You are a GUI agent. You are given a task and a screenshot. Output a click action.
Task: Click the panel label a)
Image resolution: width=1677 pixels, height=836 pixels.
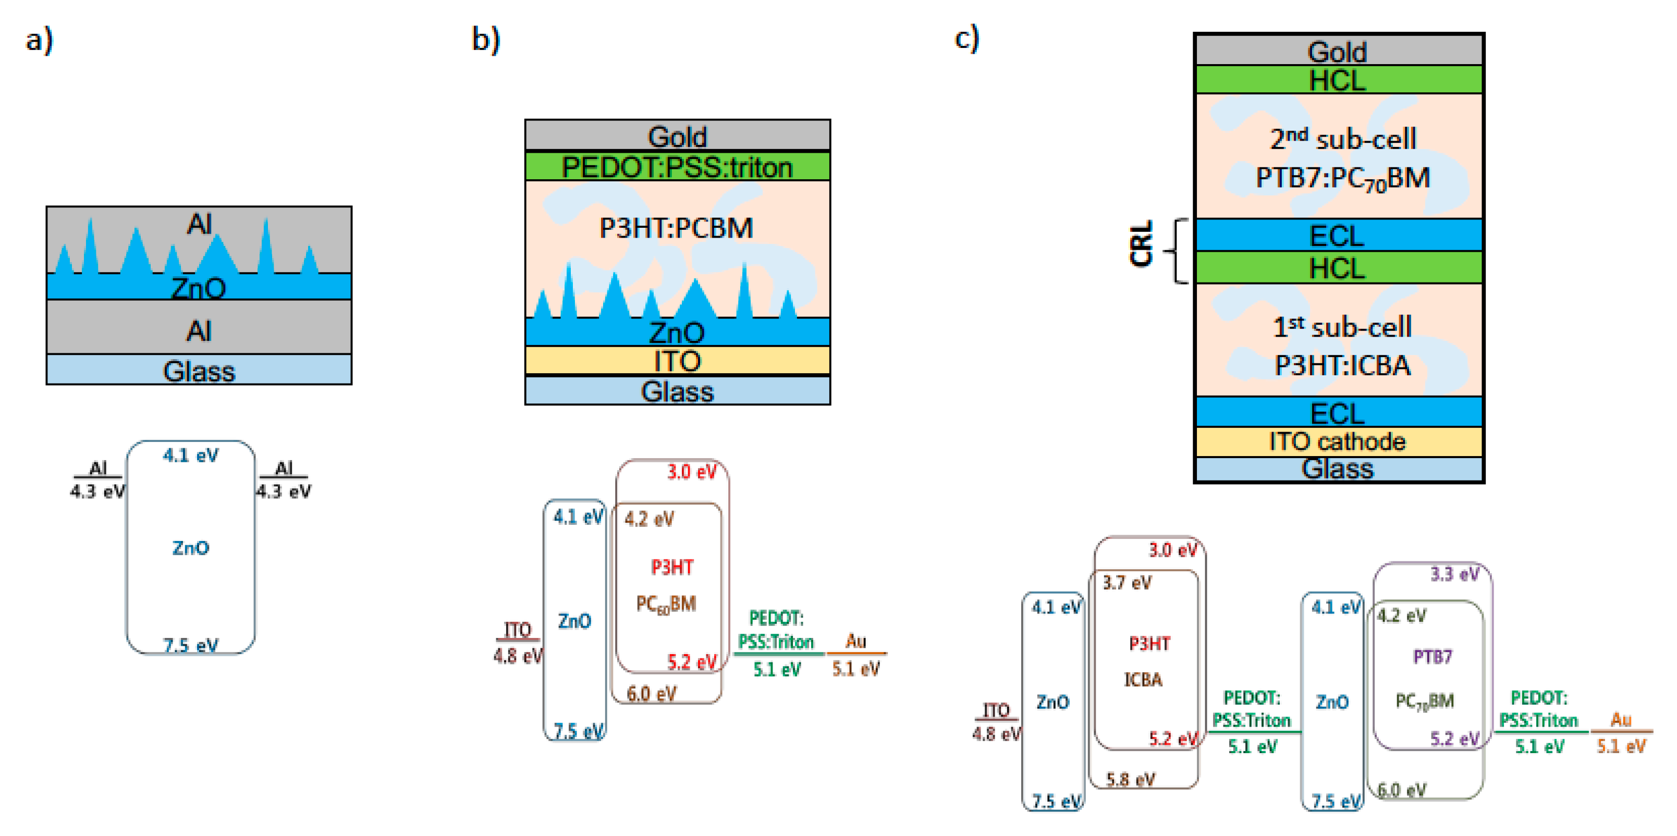(x=39, y=40)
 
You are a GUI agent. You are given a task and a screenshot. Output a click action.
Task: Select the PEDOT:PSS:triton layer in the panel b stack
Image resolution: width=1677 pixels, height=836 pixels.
(x=677, y=167)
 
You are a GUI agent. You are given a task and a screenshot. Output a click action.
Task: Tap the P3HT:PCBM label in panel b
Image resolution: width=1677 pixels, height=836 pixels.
(x=676, y=228)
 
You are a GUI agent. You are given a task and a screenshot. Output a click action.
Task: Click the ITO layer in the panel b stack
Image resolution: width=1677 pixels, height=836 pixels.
(x=677, y=361)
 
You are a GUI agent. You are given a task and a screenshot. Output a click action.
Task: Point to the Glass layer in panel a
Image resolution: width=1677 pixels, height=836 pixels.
(x=199, y=371)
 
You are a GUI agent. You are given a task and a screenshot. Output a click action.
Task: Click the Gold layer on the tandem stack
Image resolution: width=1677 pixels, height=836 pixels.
(x=1338, y=51)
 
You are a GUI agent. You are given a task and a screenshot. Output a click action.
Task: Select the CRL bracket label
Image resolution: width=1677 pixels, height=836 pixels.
(x=1141, y=243)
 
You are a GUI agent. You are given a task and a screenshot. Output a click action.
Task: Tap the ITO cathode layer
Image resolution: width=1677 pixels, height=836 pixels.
(x=1338, y=442)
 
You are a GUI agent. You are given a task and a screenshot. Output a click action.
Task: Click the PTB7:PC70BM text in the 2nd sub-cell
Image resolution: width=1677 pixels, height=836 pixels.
(x=1342, y=178)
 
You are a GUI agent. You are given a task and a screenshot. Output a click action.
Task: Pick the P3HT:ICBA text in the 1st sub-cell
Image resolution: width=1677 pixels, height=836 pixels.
(x=1342, y=365)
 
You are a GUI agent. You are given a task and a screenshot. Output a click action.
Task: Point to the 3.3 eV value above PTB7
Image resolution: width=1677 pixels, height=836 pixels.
(x=1454, y=574)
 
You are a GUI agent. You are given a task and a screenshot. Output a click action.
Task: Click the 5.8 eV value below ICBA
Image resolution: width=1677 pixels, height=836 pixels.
(x=1131, y=779)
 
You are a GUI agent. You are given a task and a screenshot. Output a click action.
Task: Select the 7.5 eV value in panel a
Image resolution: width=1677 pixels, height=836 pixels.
(x=190, y=645)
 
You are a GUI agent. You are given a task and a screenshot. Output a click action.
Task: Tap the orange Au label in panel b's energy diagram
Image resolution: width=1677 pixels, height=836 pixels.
(x=855, y=641)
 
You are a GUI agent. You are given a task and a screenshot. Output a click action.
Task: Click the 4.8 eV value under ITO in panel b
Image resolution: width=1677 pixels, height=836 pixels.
(x=518, y=656)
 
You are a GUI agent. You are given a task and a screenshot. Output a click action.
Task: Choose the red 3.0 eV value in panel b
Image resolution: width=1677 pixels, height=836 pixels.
(x=691, y=472)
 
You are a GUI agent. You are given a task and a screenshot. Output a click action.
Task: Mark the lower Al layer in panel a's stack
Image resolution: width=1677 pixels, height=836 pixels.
(x=199, y=331)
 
